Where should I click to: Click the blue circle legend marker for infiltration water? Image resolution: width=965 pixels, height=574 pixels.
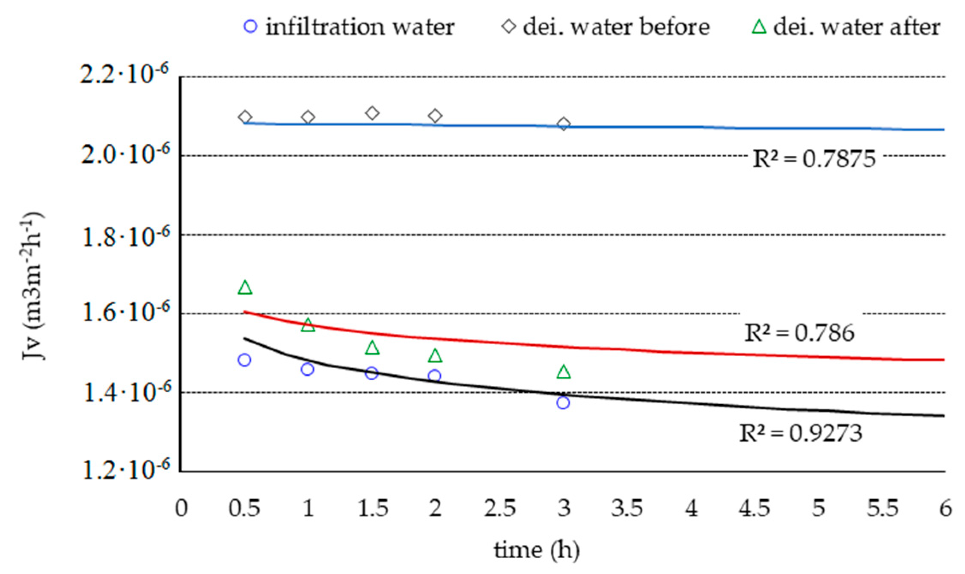[250, 27]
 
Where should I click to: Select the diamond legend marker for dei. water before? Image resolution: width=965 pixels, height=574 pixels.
[509, 27]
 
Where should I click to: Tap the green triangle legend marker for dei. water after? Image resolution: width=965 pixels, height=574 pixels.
[759, 27]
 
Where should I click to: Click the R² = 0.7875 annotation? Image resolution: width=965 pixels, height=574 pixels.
[814, 159]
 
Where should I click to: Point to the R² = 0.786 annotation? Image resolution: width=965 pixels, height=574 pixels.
[799, 333]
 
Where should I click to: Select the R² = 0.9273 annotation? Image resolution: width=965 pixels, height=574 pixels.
[801, 433]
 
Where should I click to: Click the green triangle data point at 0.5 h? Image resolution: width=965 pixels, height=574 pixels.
[245, 288]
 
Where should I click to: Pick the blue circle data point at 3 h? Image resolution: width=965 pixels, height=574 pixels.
[563, 402]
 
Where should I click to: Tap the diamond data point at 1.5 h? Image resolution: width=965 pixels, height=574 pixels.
[372, 113]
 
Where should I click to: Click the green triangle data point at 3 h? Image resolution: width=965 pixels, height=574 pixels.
[564, 372]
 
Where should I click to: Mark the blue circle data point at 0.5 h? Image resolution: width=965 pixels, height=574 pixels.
[244, 360]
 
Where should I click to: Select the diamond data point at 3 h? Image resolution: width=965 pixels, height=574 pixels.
[564, 124]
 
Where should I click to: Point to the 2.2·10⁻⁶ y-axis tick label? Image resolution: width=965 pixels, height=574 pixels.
[125, 75]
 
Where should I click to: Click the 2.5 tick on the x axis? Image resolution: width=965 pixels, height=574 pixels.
[499, 509]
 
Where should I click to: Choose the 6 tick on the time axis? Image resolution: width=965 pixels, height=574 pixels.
[945, 509]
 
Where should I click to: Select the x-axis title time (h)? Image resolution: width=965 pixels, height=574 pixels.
[537, 550]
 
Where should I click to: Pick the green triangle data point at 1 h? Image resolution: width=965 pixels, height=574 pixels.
[308, 325]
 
